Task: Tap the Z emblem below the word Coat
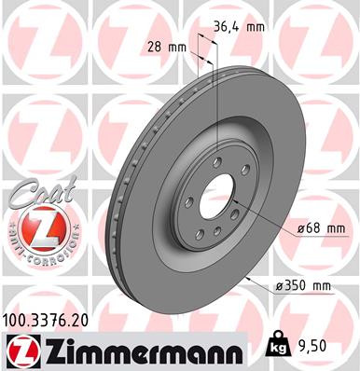(35, 227)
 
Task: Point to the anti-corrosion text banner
(35, 254)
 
